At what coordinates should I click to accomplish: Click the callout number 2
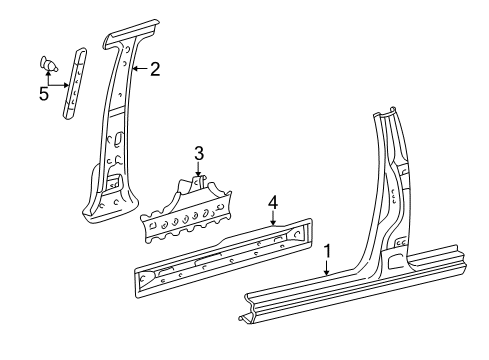154,69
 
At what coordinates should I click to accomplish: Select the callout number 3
199,152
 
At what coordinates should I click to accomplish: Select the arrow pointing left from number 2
138,69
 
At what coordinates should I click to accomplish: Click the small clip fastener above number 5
47,63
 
